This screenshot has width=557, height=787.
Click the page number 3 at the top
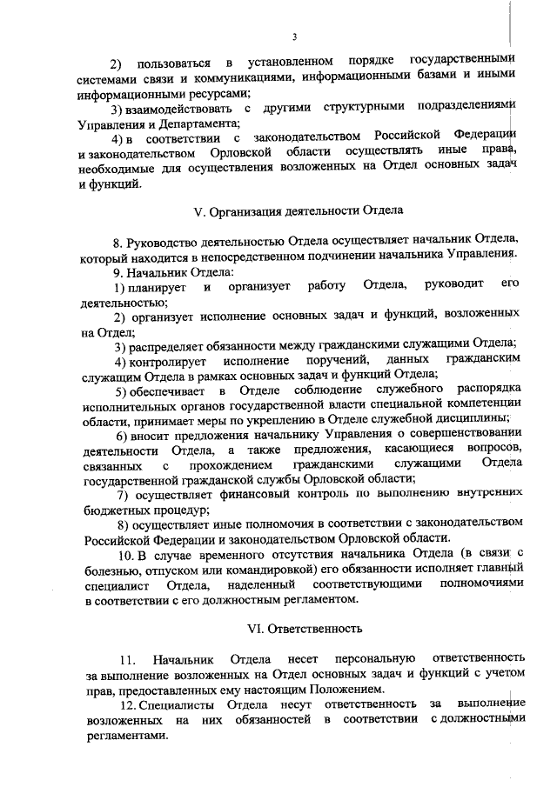(295, 37)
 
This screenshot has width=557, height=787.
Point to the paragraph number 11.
(126, 658)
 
